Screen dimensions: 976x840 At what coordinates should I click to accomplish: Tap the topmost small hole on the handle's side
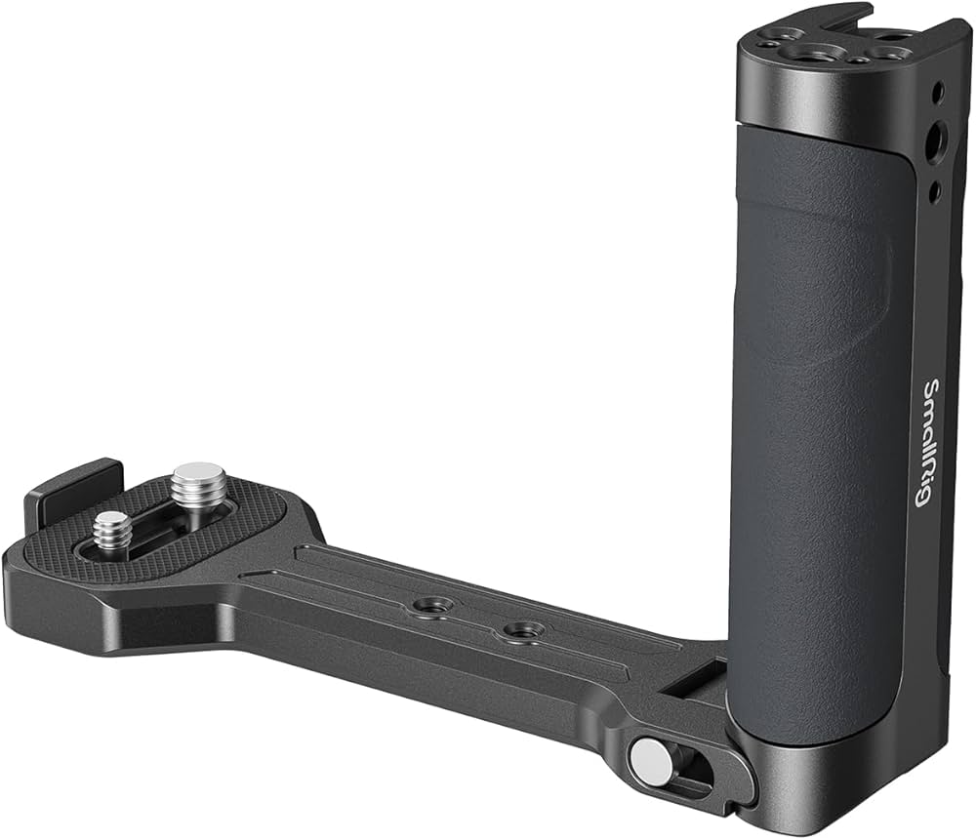tap(937, 93)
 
